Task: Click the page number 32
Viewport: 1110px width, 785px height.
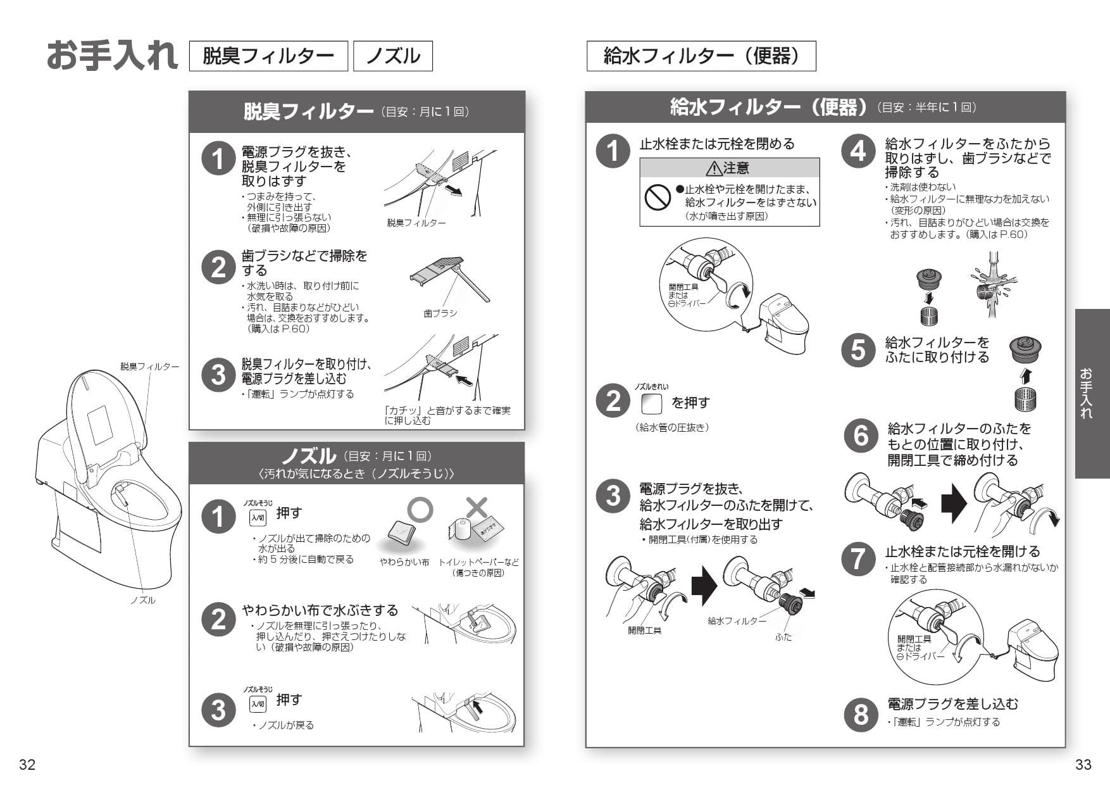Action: [27, 764]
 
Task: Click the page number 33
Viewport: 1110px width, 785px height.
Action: [1083, 764]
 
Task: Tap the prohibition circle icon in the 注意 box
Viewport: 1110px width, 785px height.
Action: [658, 198]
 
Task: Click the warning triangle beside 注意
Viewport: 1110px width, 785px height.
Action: [714, 168]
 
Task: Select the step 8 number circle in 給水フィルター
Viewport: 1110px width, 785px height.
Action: [861, 713]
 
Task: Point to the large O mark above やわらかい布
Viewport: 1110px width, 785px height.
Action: [420, 509]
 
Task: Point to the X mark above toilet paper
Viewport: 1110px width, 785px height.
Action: [477, 507]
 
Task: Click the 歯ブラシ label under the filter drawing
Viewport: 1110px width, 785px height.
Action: [440, 313]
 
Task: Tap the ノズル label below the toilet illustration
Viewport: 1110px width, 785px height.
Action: [142, 600]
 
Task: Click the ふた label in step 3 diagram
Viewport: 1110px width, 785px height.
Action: [783, 637]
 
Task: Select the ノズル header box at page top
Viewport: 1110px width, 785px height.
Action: [393, 56]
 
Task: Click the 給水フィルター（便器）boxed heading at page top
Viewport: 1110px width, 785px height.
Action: [701, 56]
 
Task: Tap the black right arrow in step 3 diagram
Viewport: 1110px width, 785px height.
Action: [704, 586]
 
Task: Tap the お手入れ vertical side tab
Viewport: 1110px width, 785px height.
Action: [1092, 393]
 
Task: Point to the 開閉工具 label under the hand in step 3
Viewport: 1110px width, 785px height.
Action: [644, 631]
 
